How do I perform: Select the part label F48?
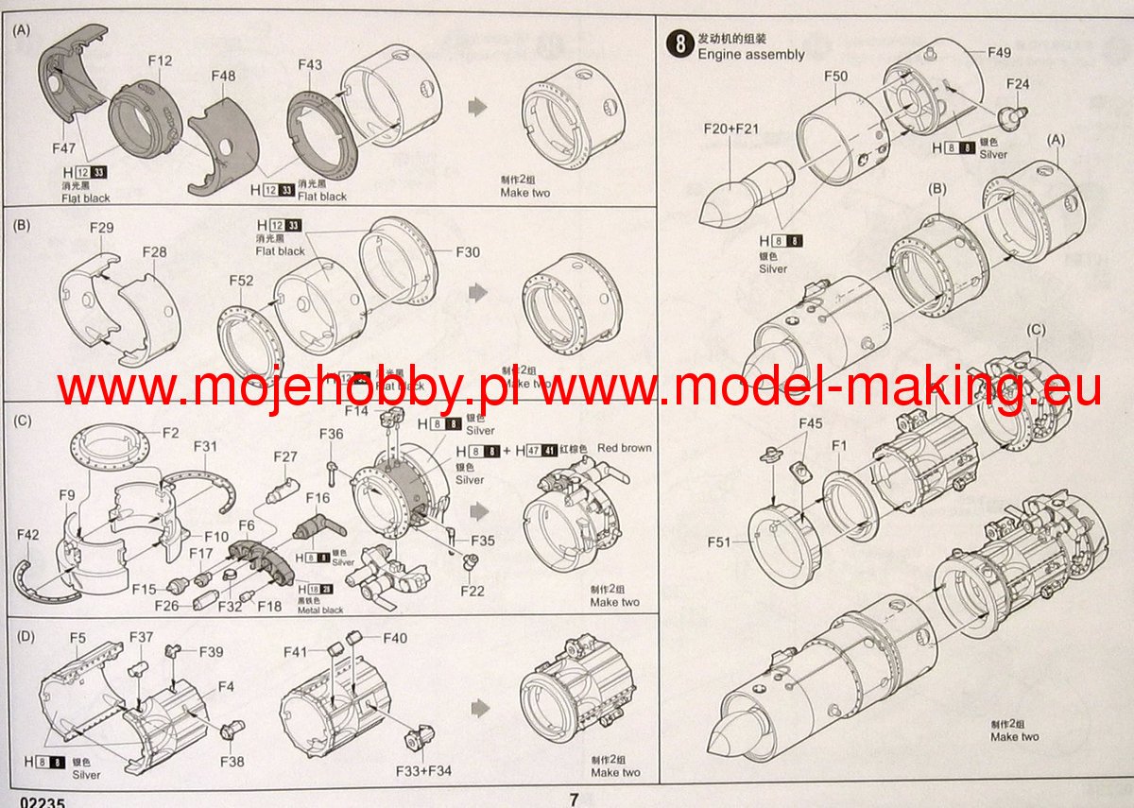tap(224, 76)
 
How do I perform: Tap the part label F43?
tap(309, 64)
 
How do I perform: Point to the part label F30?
tap(469, 252)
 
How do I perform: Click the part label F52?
tap(241, 281)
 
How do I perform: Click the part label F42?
tap(28, 535)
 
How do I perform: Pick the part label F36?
tap(332, 434)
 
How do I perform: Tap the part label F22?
tap(472, 591)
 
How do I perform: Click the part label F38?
tap(232, 761)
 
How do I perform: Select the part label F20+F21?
tap(732, 128)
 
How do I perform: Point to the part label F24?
tap(1018, 84)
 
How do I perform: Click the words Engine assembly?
tap(751, 54)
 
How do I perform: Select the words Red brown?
tap(624, 448)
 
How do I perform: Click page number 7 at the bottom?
tap(574, 799)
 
